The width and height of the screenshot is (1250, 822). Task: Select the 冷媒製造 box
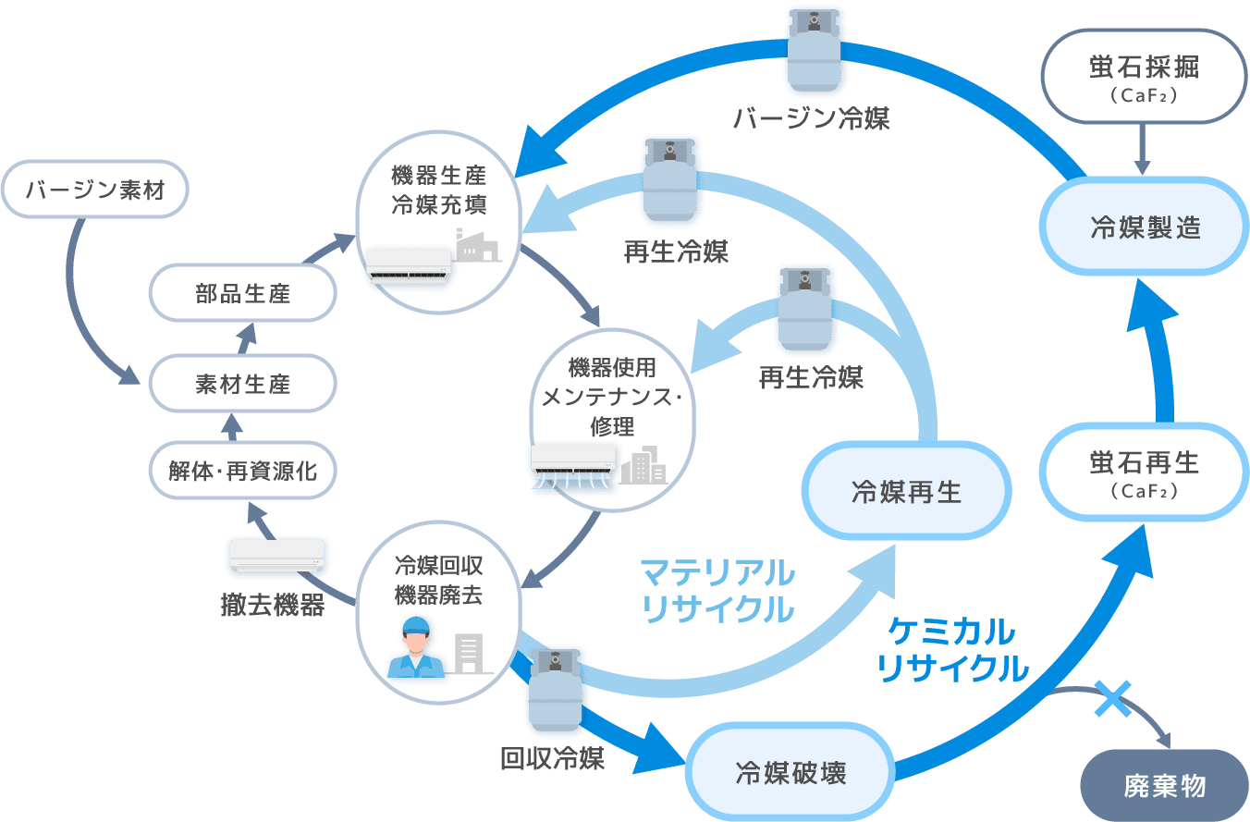tap(1146, 227)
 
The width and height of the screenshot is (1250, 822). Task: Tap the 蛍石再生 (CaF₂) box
tap(1146, 472)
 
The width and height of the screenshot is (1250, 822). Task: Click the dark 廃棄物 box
tap(1164, 786)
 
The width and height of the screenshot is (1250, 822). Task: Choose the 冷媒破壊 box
tap(790, 773)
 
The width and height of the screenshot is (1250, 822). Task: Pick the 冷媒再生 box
tap(906, 491)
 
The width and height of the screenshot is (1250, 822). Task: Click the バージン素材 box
tap(94, 191)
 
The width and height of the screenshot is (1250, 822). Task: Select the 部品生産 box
tap(242, 293)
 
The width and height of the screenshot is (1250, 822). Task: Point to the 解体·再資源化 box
tap(242, 472)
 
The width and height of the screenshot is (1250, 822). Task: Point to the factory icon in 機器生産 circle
tap(477, 246)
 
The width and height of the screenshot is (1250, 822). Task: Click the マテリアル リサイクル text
tap(717, 591)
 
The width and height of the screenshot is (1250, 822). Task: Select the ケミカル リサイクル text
tap(952, 650)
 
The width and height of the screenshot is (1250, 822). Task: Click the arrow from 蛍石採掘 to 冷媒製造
tap(1143, 148)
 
